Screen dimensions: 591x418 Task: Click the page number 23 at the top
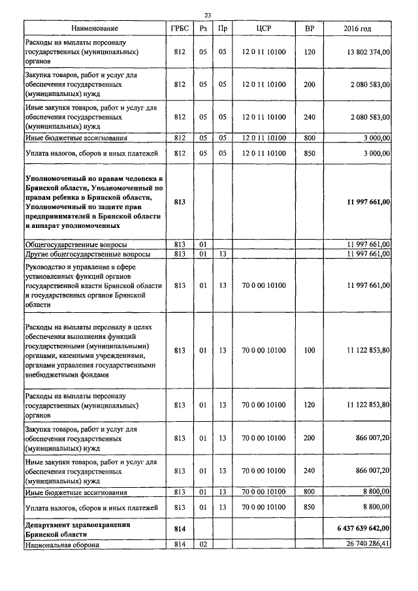coord(208,14)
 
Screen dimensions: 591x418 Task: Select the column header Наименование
coord(95,29)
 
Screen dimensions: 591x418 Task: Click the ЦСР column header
coord(264,29)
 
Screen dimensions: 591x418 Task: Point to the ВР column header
coord(310,29)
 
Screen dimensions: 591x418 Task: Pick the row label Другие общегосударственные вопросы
coord(88,253)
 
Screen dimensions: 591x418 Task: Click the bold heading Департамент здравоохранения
coord(78,524)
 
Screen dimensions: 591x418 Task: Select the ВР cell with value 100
coord(310,350)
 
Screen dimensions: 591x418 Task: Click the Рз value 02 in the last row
coord(203,543)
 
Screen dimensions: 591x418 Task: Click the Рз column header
coord(203,29)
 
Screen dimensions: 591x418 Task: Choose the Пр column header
coord(223,29)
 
